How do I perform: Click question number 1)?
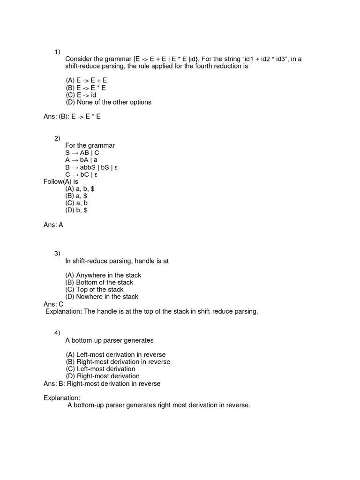pos(57,51)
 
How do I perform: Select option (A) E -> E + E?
pos(86,81)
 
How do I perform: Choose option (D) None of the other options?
pos(108,102)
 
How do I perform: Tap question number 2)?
pos(57,138)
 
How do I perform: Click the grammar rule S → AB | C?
pos(82,153)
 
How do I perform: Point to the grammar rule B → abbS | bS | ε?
pos(91,167)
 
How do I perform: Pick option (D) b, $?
pos(76,210)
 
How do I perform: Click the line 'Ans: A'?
pos(53,225)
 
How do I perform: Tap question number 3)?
pos(57,254)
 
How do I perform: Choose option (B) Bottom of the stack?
pos(99,282)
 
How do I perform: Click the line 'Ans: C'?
pos(53,304)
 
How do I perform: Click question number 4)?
pos(57,333)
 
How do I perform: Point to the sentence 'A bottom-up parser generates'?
pos(109,340)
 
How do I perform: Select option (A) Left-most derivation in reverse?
pos(115,355)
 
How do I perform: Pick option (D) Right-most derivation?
pos(102,376)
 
